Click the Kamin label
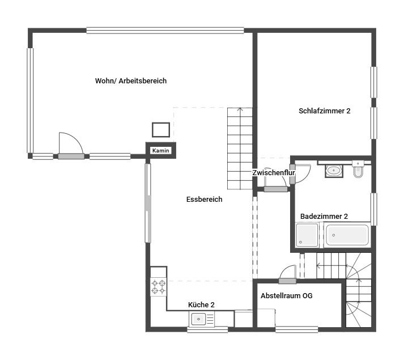[x=161, y=151]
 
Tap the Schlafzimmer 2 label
[x=324, y=111]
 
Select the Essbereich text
[x=204, y=200]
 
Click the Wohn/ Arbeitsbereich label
[x=131, y=81]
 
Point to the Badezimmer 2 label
[x=324, y=217]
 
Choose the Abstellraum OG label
[x=287, y=296]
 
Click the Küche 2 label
[x=201, y=305]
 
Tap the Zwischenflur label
[x=273, y=173]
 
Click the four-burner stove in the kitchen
[x=159, y=287]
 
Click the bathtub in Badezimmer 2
[x=347, y=235]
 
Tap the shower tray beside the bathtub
[x=307, y=235]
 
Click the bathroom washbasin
[x=334, y=171]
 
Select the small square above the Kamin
[x=161, y=130]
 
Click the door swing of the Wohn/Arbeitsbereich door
[x=75, y=141]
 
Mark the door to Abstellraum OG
[x=287, y=281]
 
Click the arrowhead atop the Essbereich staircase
[x=240, y=109]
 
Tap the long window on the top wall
[x=165, y=31]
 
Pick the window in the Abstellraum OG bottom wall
[x=296, y=329]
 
